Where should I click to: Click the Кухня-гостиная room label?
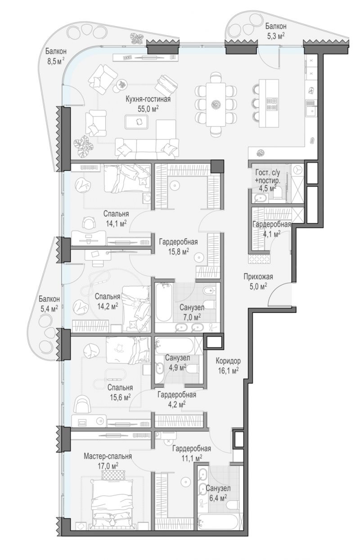[148, 99]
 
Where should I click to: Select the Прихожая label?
[258, 277]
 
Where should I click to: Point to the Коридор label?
[228, 361]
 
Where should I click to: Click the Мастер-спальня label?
[108, 456]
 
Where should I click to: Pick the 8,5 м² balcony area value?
[56, 61]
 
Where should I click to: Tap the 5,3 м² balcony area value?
[276, 36]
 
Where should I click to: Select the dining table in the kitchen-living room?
[216, 104]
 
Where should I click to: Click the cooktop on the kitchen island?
[272, 104]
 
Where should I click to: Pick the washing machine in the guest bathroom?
[298, 171]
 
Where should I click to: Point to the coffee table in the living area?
[137, 122]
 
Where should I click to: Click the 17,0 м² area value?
[108, 466]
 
